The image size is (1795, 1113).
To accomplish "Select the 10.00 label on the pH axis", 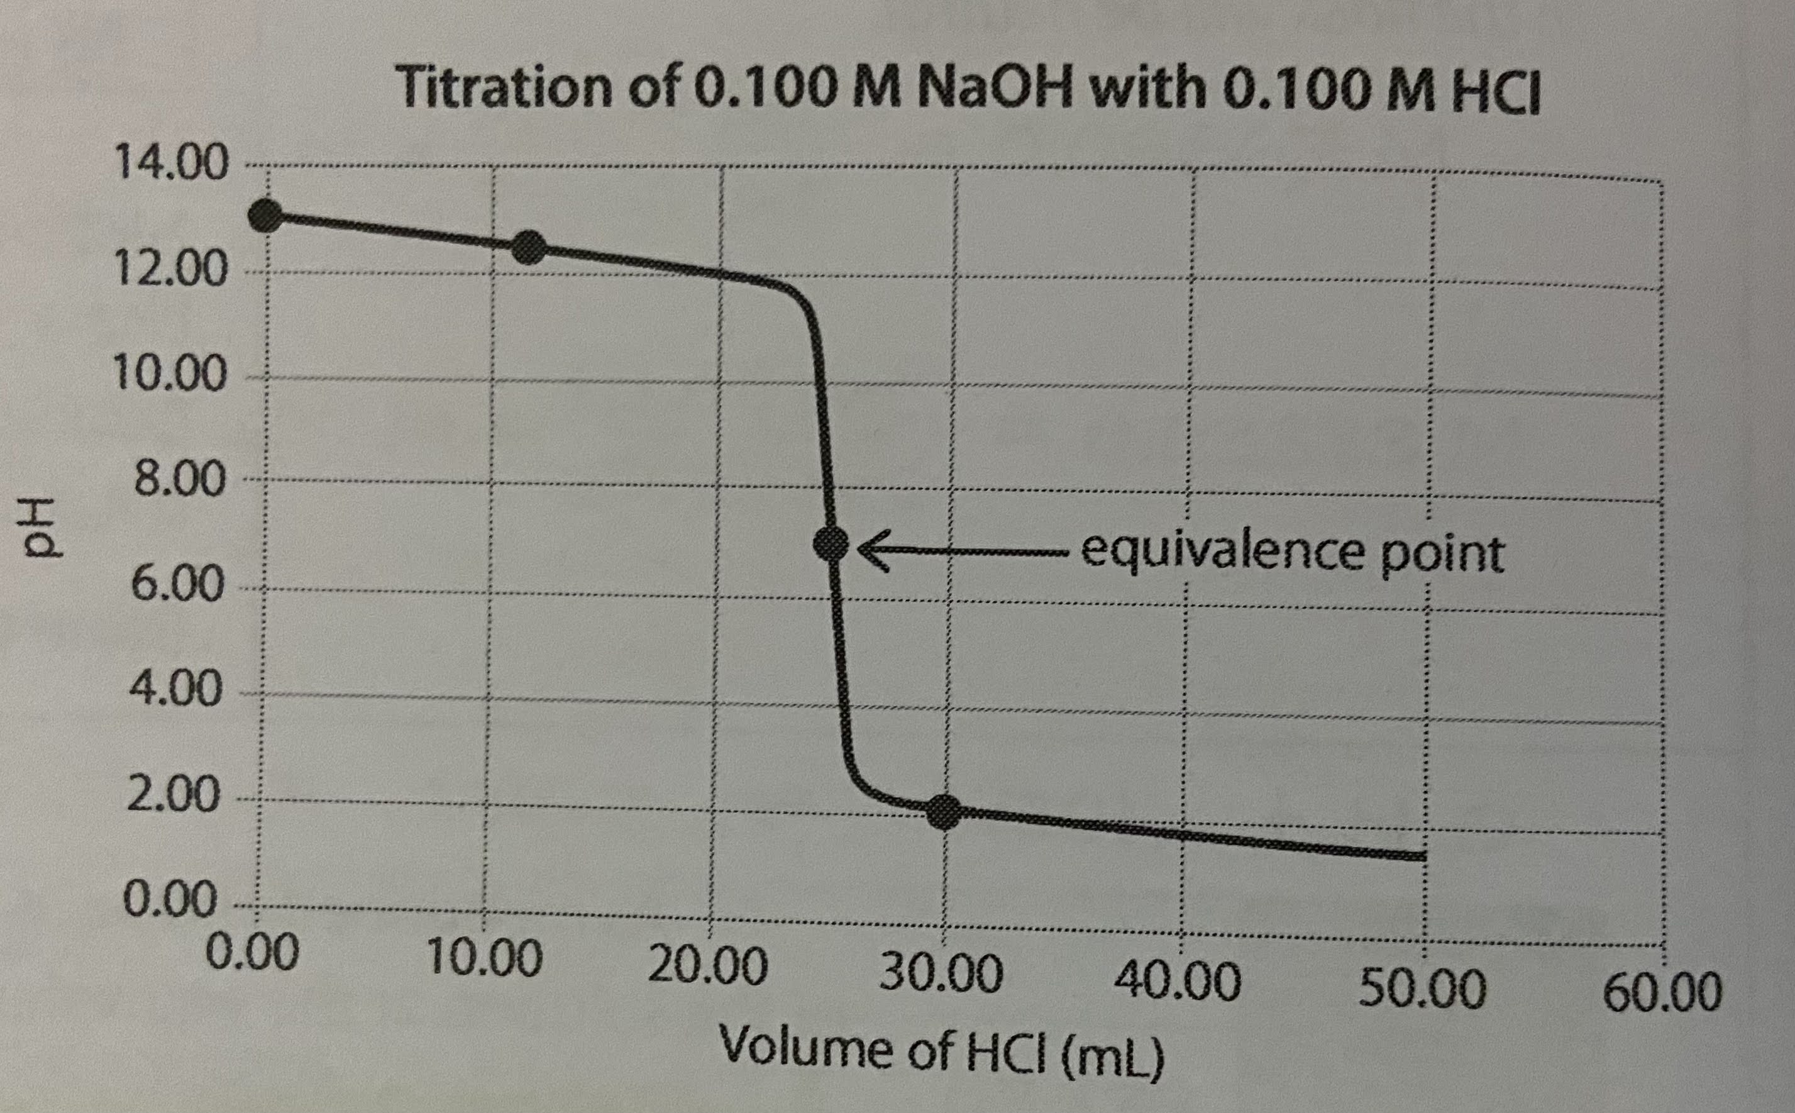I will (169, 377).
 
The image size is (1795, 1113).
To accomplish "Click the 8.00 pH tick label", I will (177, 482).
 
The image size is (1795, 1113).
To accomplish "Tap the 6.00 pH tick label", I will (177, 586).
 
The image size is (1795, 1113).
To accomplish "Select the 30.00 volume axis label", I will (941, 975).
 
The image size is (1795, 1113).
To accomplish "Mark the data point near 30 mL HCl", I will (944, 812).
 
